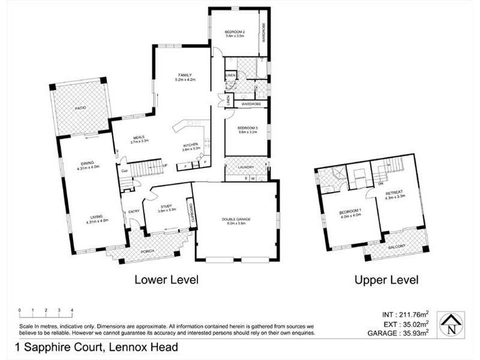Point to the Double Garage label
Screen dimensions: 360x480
235,220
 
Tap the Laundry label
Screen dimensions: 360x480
247,167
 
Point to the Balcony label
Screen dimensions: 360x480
397,247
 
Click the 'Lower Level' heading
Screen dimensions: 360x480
166,279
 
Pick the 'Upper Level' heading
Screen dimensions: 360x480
386,279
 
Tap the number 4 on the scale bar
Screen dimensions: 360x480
72,310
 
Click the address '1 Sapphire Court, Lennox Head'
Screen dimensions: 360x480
96,347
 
